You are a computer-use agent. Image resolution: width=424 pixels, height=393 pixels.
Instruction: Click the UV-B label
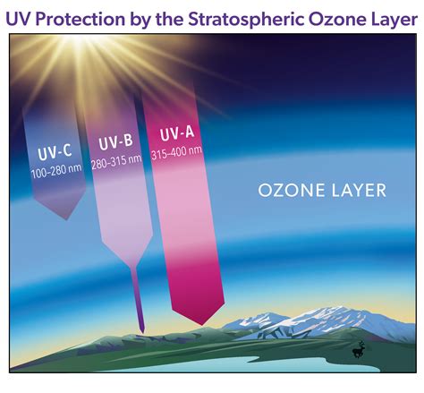point(117,143)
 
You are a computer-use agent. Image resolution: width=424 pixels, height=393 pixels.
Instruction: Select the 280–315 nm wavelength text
point(118,161)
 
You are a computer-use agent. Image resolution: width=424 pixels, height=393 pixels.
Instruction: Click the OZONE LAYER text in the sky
point(321,190)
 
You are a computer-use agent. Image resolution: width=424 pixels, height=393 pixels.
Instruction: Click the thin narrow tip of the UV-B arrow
point(140,328)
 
